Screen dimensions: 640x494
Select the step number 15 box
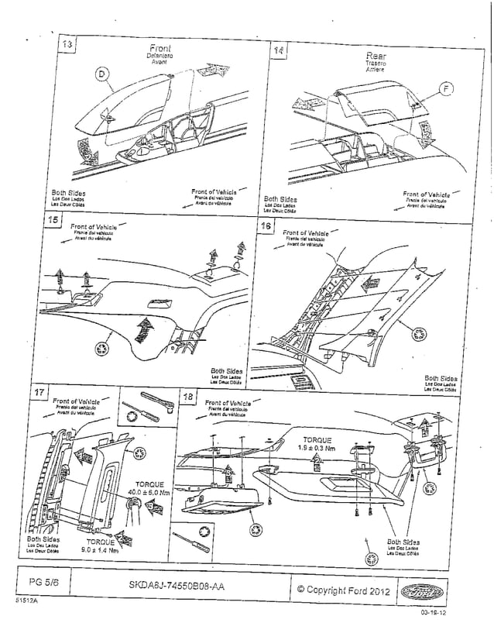pos(54,220)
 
